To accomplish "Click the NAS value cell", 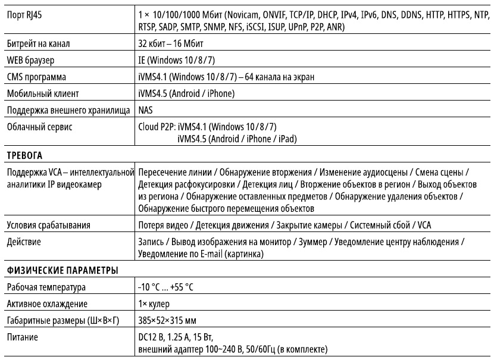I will pos(145,109).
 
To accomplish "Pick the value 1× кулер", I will pos(155,304).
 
